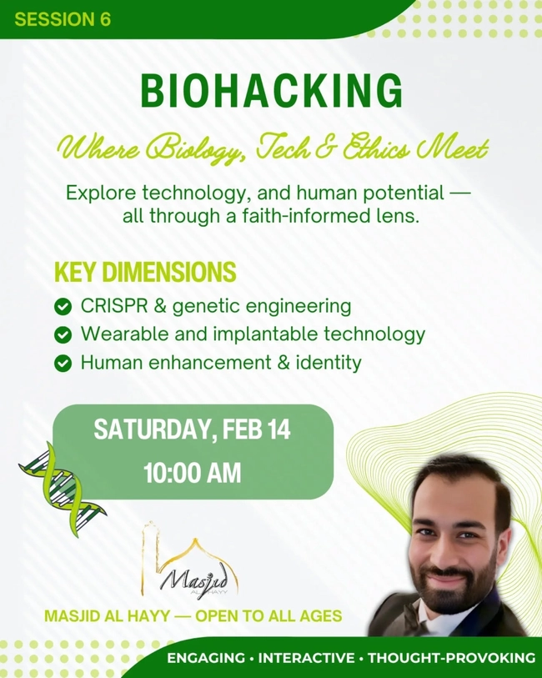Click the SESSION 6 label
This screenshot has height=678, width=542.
tap(62, 19)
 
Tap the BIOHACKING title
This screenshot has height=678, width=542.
tap(271, 91)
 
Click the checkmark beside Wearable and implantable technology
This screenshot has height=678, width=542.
tap(63, 335)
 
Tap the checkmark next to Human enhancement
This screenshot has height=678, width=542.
tap(63, 364)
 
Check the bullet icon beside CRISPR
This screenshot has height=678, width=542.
tap(63, 307)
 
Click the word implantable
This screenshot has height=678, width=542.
tap(274, 334)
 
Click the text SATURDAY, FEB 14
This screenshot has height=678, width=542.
tap(192, 430)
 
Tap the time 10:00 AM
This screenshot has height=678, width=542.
tap(192, 473)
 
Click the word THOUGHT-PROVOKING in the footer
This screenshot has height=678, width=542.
tap(451, 658)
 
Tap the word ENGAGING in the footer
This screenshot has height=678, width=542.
tap(205, 658)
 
